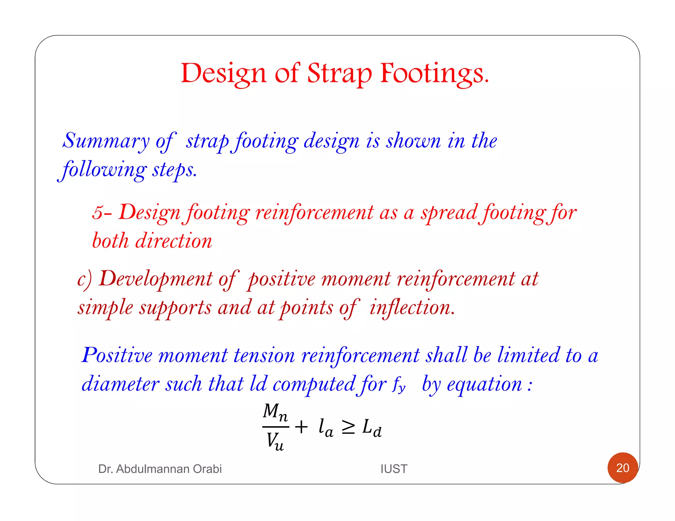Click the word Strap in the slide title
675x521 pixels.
339,73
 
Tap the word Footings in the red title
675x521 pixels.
434,73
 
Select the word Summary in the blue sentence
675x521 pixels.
106,141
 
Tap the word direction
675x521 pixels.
174,241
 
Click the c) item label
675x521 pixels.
84,279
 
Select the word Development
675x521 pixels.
156,279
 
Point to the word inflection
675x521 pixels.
412,308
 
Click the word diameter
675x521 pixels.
121,384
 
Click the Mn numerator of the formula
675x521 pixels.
275,412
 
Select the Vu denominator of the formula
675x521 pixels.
275,441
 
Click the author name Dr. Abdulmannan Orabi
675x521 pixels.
160,469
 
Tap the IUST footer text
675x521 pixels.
394,469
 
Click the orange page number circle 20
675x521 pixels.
623,468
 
